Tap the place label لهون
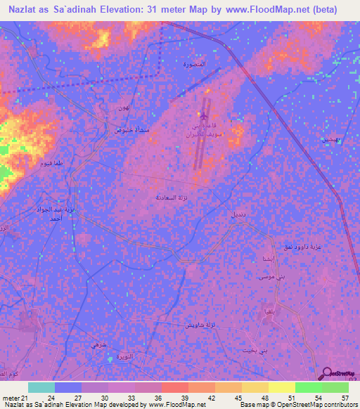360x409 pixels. click(124, 107)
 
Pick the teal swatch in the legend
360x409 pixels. click(41, 387)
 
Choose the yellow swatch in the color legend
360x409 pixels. click(281, 387)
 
